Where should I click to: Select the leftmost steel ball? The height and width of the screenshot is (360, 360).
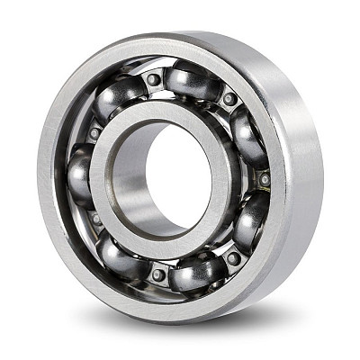[x=80, y=174]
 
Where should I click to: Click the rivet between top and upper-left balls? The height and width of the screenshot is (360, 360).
[x=154, y=79]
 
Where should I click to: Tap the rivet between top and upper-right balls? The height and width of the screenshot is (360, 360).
[x=230, y=98]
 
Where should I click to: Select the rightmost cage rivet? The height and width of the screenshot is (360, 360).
[x=265, y=179]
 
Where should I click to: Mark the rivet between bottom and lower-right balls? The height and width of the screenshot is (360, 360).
[x=233, y=258]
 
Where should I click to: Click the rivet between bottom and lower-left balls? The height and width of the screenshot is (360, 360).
[x=158, y=274]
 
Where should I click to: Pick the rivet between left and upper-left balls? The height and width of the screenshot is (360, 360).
[x=94, y=133]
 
